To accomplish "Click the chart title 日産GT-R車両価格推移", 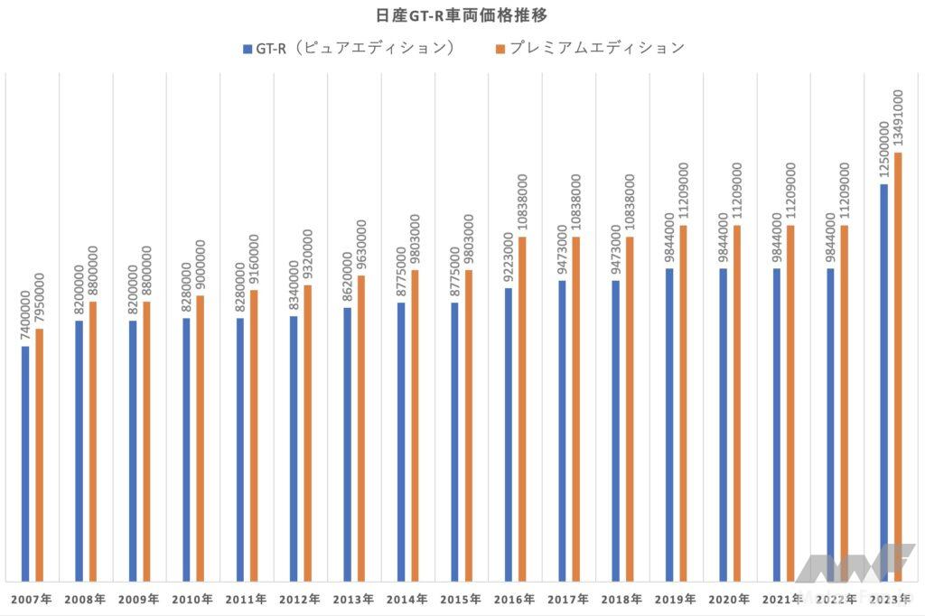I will tap(462, 15).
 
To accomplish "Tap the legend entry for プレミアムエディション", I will tap(590, 48).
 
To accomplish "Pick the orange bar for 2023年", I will tap(898, 367).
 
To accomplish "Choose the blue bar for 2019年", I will tap(669, 425).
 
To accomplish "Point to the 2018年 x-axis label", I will tap(621, 600).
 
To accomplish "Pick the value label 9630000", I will tap(361, 245).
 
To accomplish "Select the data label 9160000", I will tap(254, 260).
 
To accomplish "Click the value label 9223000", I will tap(509, 257).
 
